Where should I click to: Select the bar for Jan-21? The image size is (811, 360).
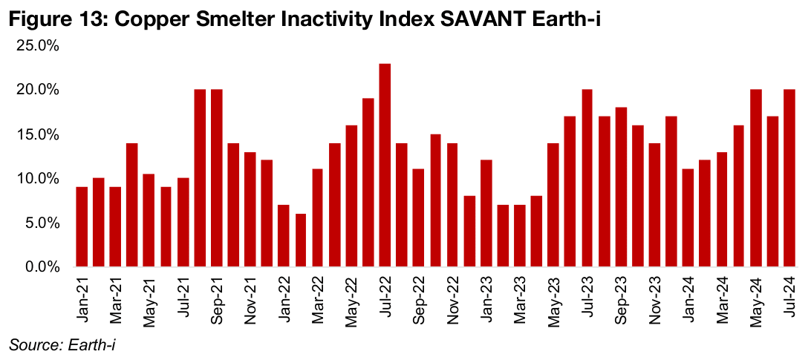tap(82, 226)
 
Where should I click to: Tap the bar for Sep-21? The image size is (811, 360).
tap(217, 177)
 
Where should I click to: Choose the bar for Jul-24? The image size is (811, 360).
tap(789, 177)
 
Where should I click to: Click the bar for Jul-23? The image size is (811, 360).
tap(587, 177)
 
